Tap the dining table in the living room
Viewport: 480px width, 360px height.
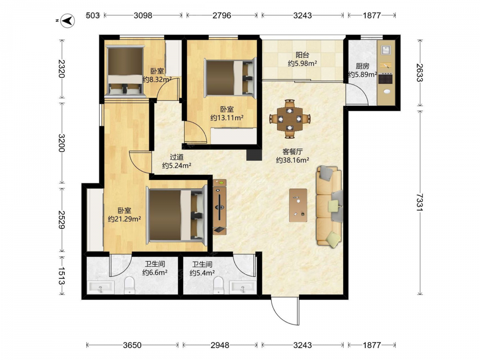pyautogui.click(x=289, y=119)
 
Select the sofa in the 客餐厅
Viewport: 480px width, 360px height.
pyautogui.click(x=329, y=206)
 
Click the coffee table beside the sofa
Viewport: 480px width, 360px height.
pyautogui.click(x=298, y=205)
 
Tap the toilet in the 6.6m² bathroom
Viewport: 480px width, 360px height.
pyautogui.click(x=130, y=285)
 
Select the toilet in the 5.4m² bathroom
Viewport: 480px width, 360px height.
pyautogui.click(x=218, y=285)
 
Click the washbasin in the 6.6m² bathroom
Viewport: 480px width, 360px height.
pyautogui.click(x=101, y=288)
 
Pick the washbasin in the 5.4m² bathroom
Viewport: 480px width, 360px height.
pyautogui.click(x=242, y=288)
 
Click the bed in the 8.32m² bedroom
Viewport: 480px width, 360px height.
pyautogui.click(x=125, y=71)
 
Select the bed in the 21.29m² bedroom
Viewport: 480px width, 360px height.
pyautogui.click(x=177, y=215)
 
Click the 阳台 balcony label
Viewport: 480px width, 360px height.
pyautogui.click(x=302, y=55)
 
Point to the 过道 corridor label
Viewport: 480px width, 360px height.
pyautogui.click(x=177, y=157)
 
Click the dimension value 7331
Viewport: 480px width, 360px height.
pyautogui.click(x=420, y=202)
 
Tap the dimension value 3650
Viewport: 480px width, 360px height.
pyautogui.click(x=132, y=345)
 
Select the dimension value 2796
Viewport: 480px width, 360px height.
pyautogui.click(x=222, y=15)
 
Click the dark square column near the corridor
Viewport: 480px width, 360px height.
pyautogui.click(x=254, y=155)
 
